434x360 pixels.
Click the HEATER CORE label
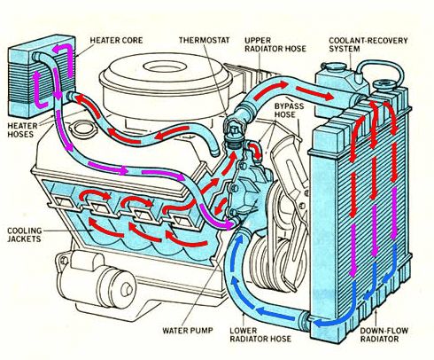(x=116, y=40)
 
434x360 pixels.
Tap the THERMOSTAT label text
(x=204, y=40)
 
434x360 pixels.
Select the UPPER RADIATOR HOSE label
(x=275, y=44)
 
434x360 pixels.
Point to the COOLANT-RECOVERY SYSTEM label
(x=368, y=44)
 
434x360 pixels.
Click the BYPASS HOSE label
(x=289, y=110)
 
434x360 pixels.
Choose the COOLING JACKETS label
(x=24, y=235)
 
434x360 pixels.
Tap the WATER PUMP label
(x=188, y=330)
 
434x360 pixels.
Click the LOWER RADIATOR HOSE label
(x=260, y=334)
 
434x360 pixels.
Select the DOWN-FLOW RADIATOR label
(x=384, y=334)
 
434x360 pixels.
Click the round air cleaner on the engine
(x=166, y=82)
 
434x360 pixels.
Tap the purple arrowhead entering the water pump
(x=229, y=223)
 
